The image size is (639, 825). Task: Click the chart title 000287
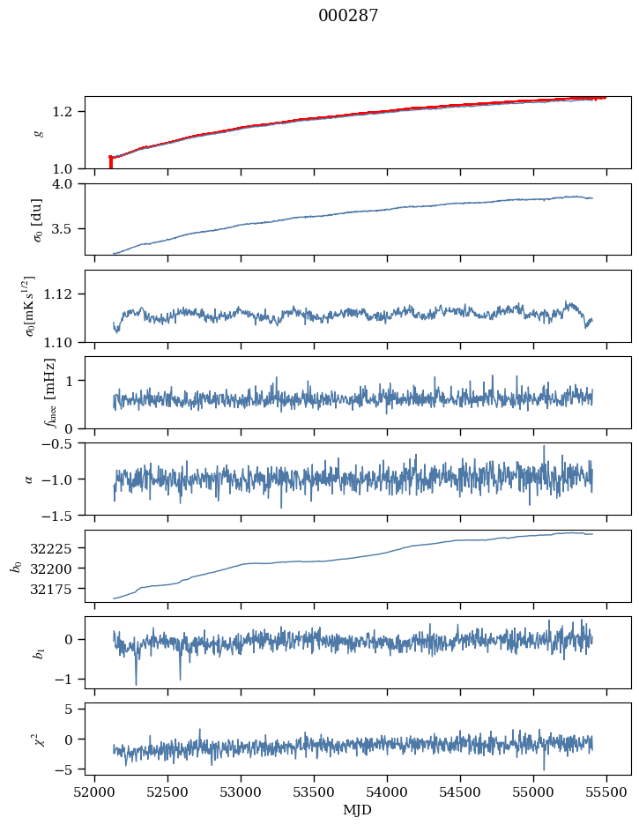pyautogui.click(x=348, y=16)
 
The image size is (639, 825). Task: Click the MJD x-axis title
pyautogui.click(x=357, y=809)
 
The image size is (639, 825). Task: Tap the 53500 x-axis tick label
pyautogui.click(x=315, y=791)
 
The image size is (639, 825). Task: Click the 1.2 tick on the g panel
pyautogui.click(x=69, y=111)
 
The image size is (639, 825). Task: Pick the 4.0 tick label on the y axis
pyautogui.click(x=69, y=184)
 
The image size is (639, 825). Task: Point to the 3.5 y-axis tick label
pyautogui.click(x=69, y=229)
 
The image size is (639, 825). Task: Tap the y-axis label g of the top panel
pyautogui.click(x=38, y=132)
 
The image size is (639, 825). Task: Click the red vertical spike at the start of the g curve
pyautogui.click(x=110, y=162)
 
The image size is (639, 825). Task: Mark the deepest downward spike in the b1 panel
pyautogui.click(x=136, y=683)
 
